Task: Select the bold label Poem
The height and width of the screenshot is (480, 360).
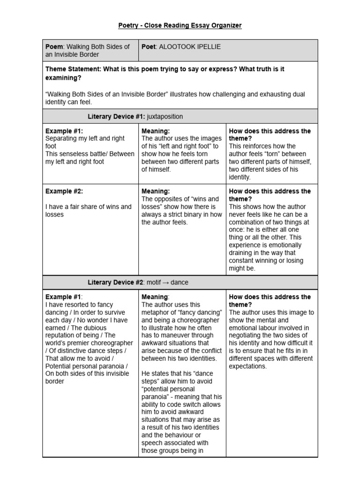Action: (54, 47)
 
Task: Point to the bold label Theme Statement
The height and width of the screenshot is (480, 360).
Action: (73, 69)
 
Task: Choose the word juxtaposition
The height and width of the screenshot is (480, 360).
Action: (165, 116)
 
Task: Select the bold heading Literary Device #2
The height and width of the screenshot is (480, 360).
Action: (115, 283)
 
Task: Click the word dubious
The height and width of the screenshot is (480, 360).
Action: (93, 328)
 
